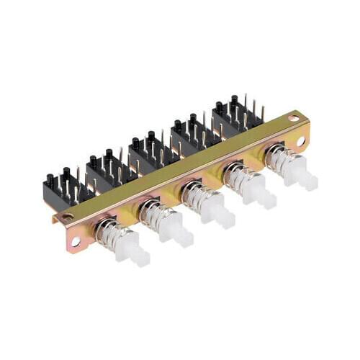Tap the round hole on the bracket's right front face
pos(301,141)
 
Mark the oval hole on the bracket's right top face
pos(294,117)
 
